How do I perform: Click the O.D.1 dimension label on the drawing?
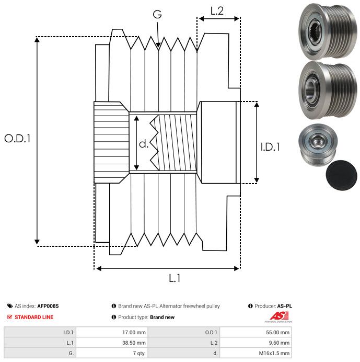18,139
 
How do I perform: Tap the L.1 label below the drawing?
175,279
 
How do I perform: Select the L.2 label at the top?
217,10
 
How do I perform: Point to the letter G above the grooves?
157,15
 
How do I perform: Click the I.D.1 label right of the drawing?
270,148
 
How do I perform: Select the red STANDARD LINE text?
33,317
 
